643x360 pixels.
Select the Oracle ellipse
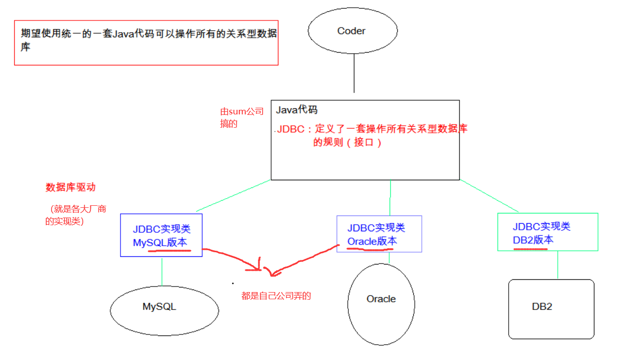381,302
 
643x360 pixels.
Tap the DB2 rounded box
551,308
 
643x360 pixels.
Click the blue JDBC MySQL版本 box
161,235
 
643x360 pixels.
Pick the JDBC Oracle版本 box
379,233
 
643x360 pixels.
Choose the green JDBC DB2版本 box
547,232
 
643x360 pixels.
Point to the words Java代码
297,110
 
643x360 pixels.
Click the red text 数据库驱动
70,187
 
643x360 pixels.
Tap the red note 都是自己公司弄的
276,296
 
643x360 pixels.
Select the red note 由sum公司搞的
242,117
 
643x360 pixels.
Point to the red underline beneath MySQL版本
169,250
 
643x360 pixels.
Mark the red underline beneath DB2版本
531,249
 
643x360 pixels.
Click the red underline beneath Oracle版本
370,249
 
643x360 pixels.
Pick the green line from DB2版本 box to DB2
557,265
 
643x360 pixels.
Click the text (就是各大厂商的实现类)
77,215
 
